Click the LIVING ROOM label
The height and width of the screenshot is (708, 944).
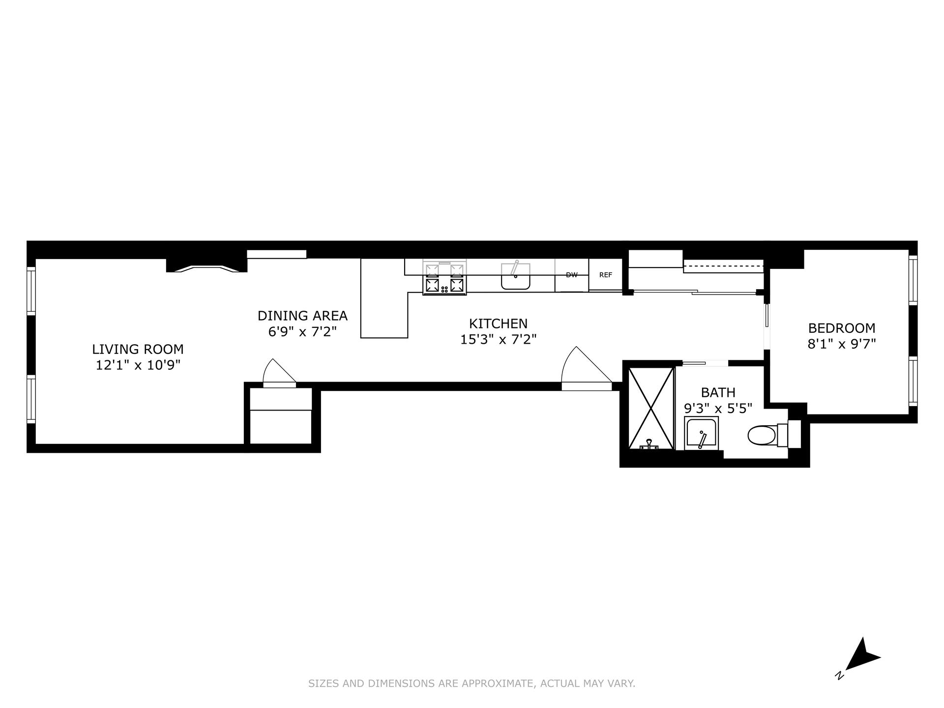(x=138, y=349)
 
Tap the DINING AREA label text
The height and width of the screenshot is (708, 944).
(x=302, y=316)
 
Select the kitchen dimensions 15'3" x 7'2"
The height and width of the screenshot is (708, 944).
(x=498, y=339)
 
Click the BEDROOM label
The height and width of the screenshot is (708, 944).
(x=842, y=328)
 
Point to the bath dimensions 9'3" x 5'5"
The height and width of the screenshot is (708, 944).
(x=718, y=408)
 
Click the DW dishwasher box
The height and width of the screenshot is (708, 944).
(x=571, y=275)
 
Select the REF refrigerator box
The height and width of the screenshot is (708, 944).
(x=606, y=275)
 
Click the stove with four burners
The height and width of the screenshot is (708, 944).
(x=444, y=279)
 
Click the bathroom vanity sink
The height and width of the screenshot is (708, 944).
(x=702, y=434)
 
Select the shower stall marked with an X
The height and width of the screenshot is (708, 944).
(x=650, y=408)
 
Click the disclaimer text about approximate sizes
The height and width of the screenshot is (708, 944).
(x=472, y=683)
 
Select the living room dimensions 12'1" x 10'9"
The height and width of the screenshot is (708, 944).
(x=138, y=365)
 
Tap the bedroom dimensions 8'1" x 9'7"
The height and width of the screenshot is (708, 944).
(x=842, y=344)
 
